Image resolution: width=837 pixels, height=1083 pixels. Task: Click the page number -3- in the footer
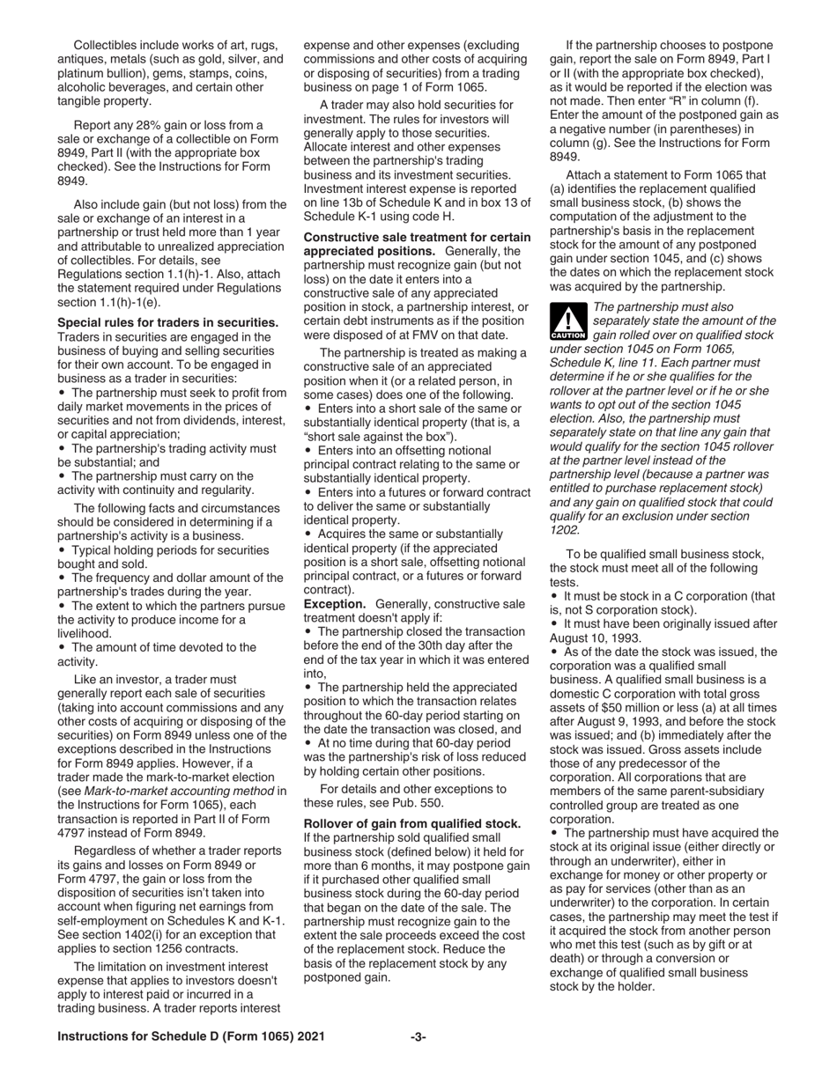pos(418,1037)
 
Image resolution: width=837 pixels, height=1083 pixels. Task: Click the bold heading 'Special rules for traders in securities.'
pos(167,323)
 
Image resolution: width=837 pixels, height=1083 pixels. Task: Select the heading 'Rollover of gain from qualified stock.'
pos(412,823)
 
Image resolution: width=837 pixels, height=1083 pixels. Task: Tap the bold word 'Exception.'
pos(335,604)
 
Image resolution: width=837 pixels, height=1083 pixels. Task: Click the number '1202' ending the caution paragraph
pos(565,530)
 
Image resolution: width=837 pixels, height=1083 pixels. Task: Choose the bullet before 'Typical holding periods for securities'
pos(62,550)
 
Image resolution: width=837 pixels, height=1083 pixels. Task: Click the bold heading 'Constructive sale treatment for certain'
pos(417,238)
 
